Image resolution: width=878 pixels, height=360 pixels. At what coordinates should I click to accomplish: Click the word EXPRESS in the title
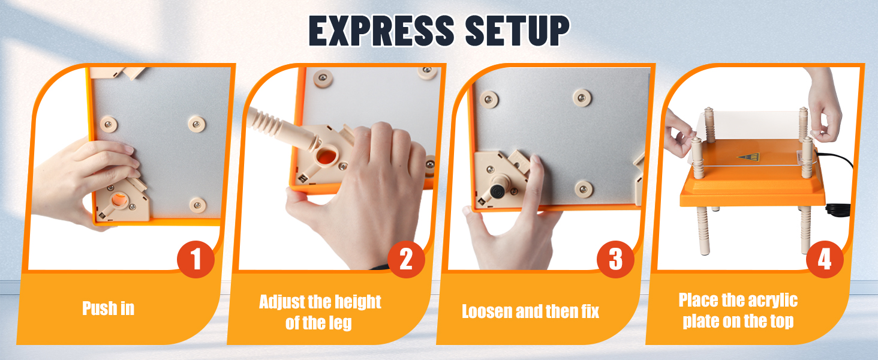click(381, 31)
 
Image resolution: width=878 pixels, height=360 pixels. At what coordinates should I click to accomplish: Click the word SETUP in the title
click(518, 31)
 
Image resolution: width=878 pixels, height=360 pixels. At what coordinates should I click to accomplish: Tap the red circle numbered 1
click(196, 259)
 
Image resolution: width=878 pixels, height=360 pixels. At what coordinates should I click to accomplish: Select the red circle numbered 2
click(406, 259)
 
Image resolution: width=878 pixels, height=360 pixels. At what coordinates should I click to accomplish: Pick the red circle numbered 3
click(615, 259)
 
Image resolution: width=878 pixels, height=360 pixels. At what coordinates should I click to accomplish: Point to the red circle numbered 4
click(825, 259)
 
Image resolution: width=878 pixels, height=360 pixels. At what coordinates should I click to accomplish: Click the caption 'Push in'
click(108, 308)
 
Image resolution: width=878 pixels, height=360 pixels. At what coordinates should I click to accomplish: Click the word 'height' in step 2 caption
click(357, 302)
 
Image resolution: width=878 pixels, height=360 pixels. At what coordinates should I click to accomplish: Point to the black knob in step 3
click(498, 192)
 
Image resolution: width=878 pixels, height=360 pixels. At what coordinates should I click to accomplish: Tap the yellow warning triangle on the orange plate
click(748, 157)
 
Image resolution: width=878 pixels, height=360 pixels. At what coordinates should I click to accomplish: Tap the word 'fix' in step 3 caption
click(590, 311)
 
